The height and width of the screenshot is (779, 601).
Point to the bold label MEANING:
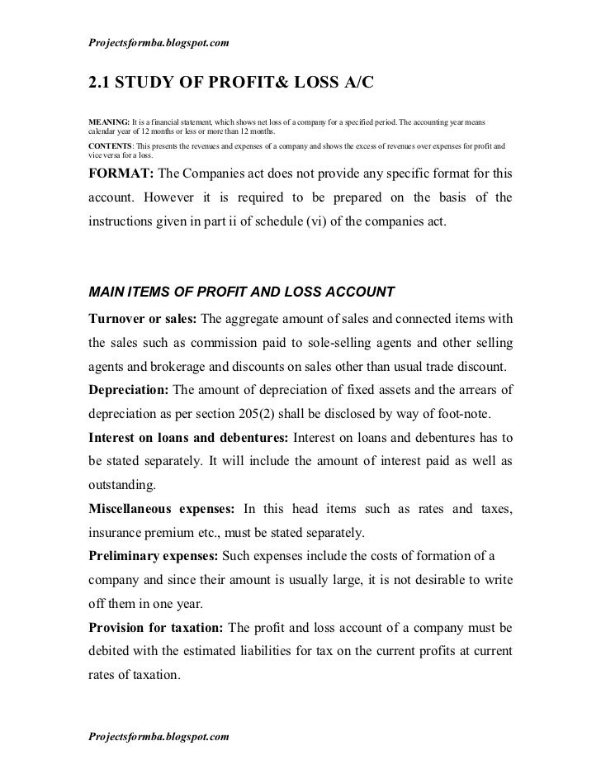[110, 122]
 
